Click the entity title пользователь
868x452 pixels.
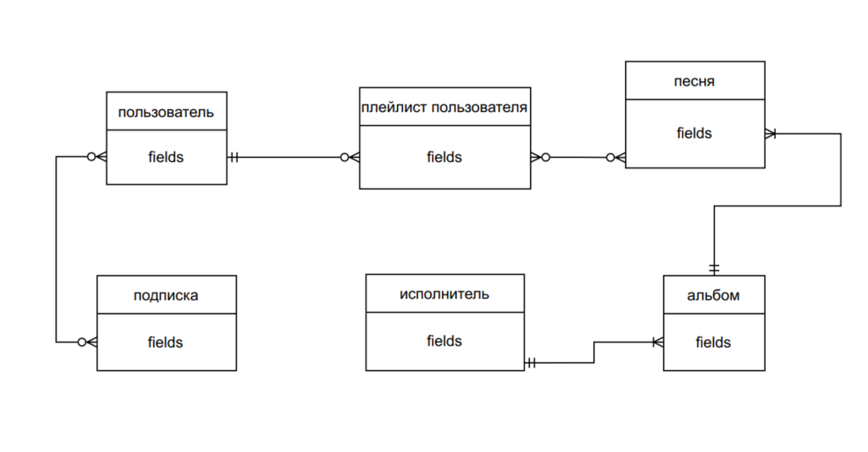[166, 112]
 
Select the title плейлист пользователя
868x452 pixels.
[445, 107]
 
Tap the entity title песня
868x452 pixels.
[695, 81]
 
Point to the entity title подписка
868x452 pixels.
[166, 295]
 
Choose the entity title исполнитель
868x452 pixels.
[445, 293]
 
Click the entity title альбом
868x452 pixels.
[713, 295]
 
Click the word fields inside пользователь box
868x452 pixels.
[166, 157]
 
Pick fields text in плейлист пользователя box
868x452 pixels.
[445, 157]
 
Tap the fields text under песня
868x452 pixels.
[695, 133]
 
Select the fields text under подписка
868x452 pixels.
[166, 342]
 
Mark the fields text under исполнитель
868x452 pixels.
[445, 341]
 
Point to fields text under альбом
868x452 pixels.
[713, 342]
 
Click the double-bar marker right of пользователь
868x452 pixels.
[234, 157]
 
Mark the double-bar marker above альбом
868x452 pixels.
[714, 267]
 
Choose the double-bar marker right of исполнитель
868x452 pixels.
[532, 362]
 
